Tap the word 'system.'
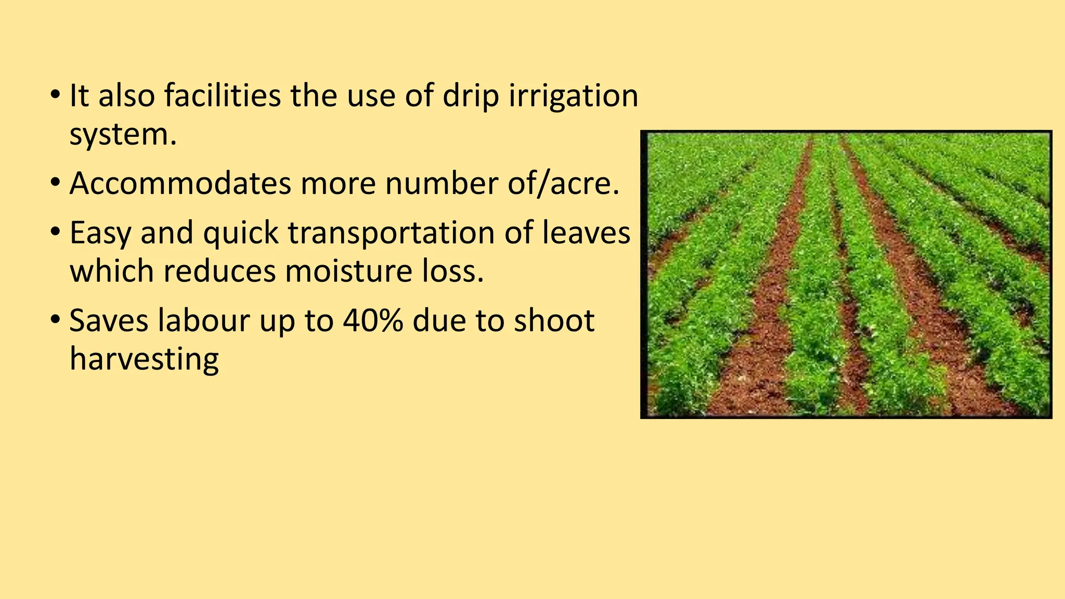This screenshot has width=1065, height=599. pos(123,135)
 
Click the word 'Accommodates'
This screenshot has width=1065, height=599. pos(180,184)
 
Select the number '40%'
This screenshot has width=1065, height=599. pos(373,321)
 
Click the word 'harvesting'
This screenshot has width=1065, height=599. pos(144,360)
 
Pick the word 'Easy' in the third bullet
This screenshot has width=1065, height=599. pos(100,234)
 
